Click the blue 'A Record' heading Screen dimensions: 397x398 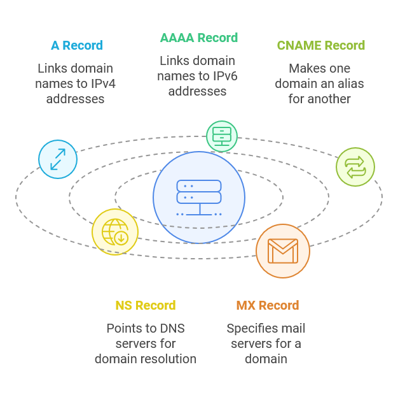76,45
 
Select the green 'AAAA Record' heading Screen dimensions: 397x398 199,38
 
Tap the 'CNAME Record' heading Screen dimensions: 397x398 320,45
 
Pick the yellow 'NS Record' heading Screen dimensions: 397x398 145,305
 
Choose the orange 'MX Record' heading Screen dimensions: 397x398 267,305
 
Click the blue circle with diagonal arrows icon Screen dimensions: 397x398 58,159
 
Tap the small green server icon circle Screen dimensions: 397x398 222,136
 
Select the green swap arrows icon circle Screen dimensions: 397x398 355,167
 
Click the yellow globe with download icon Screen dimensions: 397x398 115,232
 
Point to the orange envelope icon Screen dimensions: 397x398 283,251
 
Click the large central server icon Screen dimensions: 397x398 199,198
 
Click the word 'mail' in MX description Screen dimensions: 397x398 292,328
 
